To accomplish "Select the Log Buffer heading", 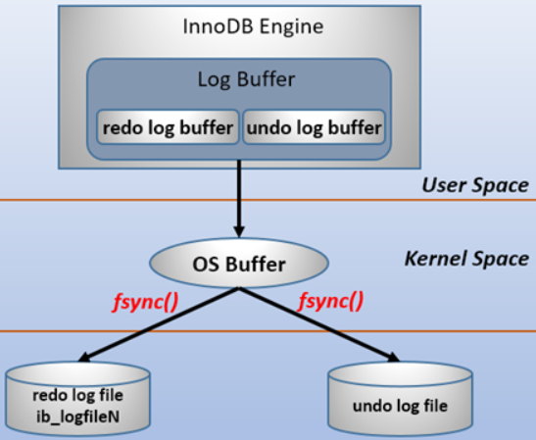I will coord(239,81).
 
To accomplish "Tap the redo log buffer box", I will coord(167,128).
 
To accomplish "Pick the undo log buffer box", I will coord(313,128).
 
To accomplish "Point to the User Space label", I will coord(475,185).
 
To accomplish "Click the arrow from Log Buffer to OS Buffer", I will coord(239,201).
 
